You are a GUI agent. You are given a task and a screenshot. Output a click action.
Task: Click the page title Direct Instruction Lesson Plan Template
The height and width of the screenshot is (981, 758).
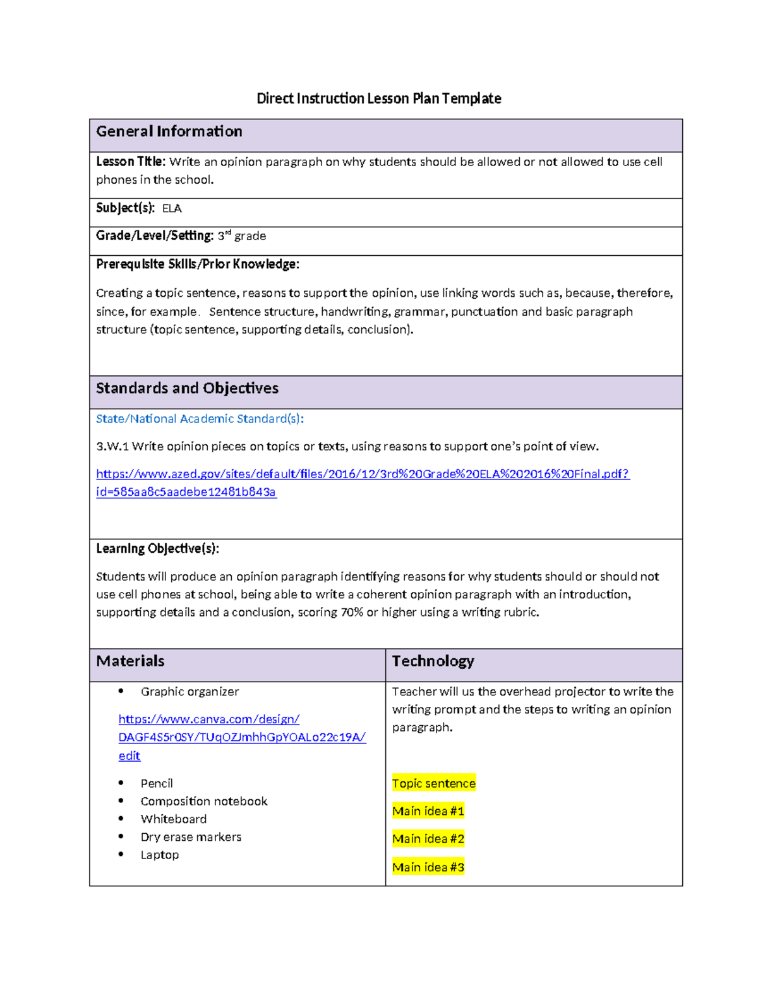coord(378,99)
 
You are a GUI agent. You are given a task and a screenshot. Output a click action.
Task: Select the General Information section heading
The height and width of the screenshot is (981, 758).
coord(169,131)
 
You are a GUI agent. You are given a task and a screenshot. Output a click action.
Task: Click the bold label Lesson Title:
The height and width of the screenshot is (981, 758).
coord(131,162)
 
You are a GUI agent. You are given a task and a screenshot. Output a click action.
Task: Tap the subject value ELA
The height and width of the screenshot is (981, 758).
coord(172,208)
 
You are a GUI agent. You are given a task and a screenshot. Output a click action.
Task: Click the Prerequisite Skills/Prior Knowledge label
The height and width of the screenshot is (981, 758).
coord(198,264)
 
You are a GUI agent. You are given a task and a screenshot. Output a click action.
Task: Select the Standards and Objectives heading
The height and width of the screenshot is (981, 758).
coord(187,388)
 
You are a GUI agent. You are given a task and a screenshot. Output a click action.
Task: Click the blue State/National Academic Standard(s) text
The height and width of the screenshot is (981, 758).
coord(200,419)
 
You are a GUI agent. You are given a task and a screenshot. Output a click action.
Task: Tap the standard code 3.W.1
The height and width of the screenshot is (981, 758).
coord(112,447)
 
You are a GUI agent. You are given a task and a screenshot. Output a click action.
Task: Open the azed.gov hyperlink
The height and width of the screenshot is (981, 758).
coord(363,474)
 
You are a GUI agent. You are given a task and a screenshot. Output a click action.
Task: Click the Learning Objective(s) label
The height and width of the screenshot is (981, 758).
coord(157,548)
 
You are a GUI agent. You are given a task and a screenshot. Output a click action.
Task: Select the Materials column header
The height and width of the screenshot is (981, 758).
coord(130,661)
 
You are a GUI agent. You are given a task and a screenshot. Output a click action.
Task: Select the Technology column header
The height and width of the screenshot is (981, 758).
coord(433,661)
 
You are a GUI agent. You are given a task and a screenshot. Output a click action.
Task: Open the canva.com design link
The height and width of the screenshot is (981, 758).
coord(242,737)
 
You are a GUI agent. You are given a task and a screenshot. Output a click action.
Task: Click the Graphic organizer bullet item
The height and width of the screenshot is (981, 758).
coord(189,692)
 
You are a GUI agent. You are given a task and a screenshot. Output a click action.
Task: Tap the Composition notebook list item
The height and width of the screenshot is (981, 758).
coord(204,801)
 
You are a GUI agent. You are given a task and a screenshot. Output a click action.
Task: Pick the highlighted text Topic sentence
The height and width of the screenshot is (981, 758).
coord(433,783)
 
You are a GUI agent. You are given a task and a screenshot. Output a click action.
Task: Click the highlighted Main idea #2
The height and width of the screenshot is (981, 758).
coord(428,839)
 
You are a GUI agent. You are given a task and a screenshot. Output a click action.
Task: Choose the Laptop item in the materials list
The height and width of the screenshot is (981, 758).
coord(160,855)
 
